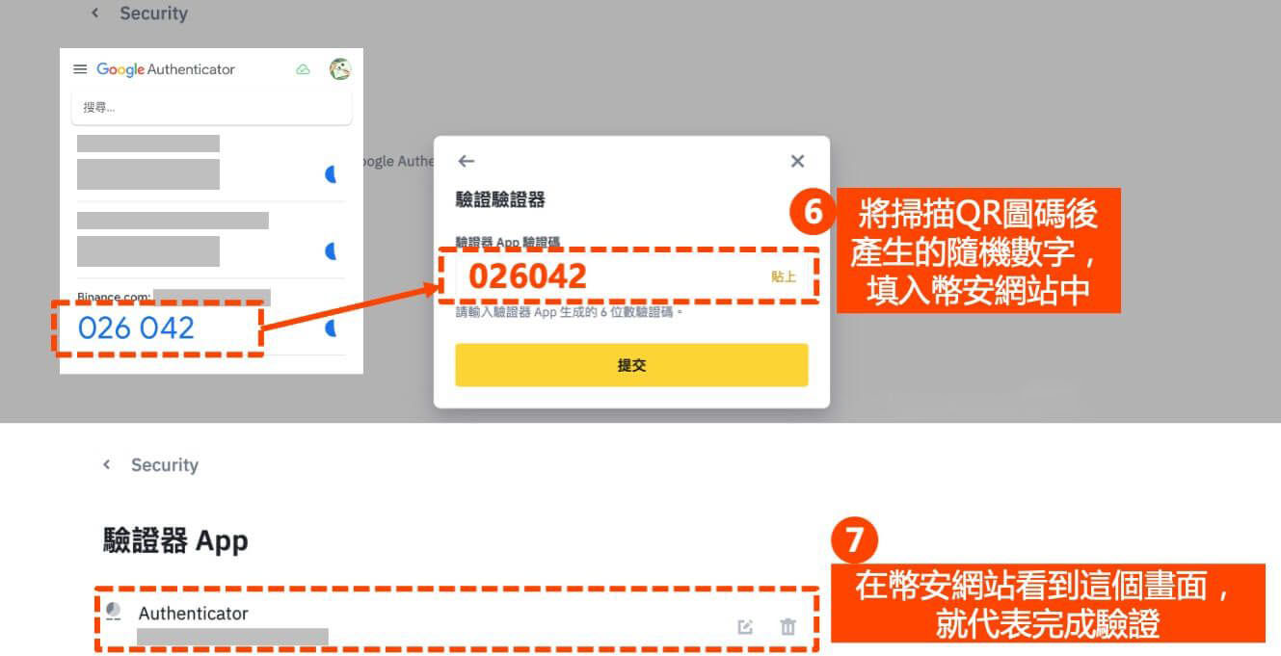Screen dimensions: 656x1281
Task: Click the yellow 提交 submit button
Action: coord(631,365)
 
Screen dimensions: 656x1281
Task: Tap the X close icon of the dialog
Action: coord(797,161)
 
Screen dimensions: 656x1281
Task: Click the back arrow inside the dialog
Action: coord(467,161)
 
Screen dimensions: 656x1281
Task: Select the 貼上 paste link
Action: coord(784,276)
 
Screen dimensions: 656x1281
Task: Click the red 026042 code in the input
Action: coord(527,276)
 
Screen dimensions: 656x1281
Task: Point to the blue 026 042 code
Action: coord(136,328)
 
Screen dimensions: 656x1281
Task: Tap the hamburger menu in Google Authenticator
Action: coord(80,69)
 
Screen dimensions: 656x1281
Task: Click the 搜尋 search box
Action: coord(211,108)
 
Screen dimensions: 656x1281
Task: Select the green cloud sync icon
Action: coord(303,69)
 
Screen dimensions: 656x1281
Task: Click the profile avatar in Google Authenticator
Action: coord(339,69)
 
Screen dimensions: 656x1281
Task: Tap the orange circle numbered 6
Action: coord(813,212)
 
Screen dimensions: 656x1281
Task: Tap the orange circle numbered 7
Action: coord(854,542)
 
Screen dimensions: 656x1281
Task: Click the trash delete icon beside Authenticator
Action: coord(787,627)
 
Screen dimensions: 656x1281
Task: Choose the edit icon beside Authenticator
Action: coord(745,627)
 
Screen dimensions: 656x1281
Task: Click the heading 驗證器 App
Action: coord(175,540)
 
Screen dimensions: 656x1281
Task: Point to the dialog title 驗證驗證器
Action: coord(500,199)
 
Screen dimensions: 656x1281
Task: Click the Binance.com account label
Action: coord(114,297)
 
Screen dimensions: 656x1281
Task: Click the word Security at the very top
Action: coord(153,13)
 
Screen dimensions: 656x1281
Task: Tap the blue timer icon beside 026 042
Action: coord(331,328)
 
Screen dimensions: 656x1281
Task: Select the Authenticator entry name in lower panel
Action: coord(193,614)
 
